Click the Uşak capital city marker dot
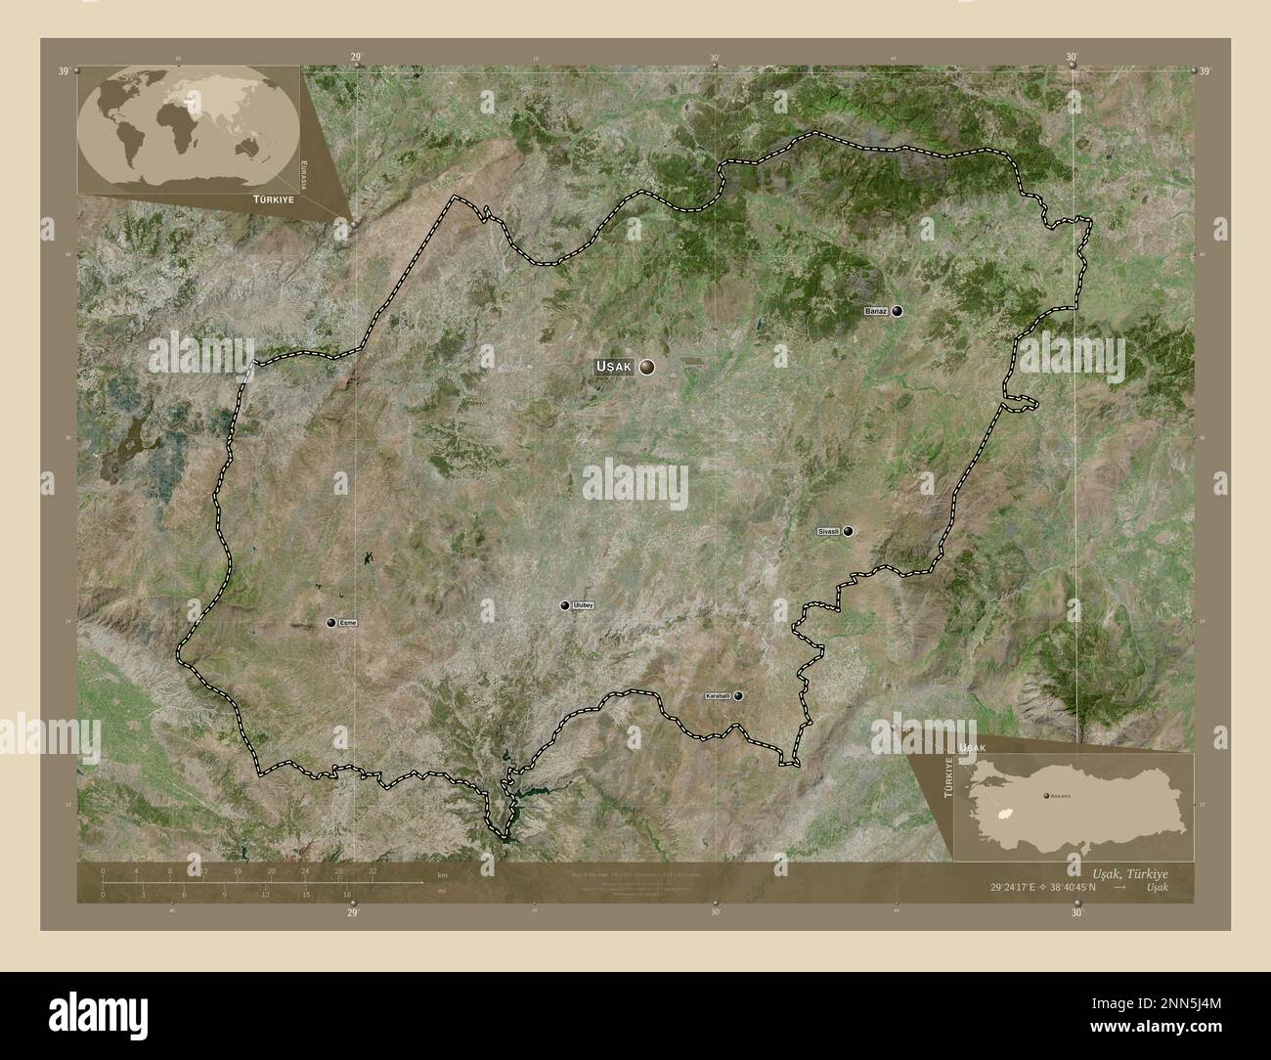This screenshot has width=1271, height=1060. coord(646,367)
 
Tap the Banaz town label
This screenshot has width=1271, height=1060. coord(875,311)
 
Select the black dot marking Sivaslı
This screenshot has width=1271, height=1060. coord(849,531)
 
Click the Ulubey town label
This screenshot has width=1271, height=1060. coord(584,605)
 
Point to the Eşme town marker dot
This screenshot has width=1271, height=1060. coord(331,622)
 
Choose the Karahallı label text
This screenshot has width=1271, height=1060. coord(717,696)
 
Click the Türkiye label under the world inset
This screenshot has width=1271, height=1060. coord(260,199)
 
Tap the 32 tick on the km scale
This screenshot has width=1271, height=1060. coord(373,870)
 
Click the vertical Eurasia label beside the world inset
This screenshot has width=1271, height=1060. coord(304,173)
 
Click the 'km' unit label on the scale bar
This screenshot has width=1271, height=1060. coord(442,873)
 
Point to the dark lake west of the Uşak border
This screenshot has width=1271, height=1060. coord(134,451)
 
